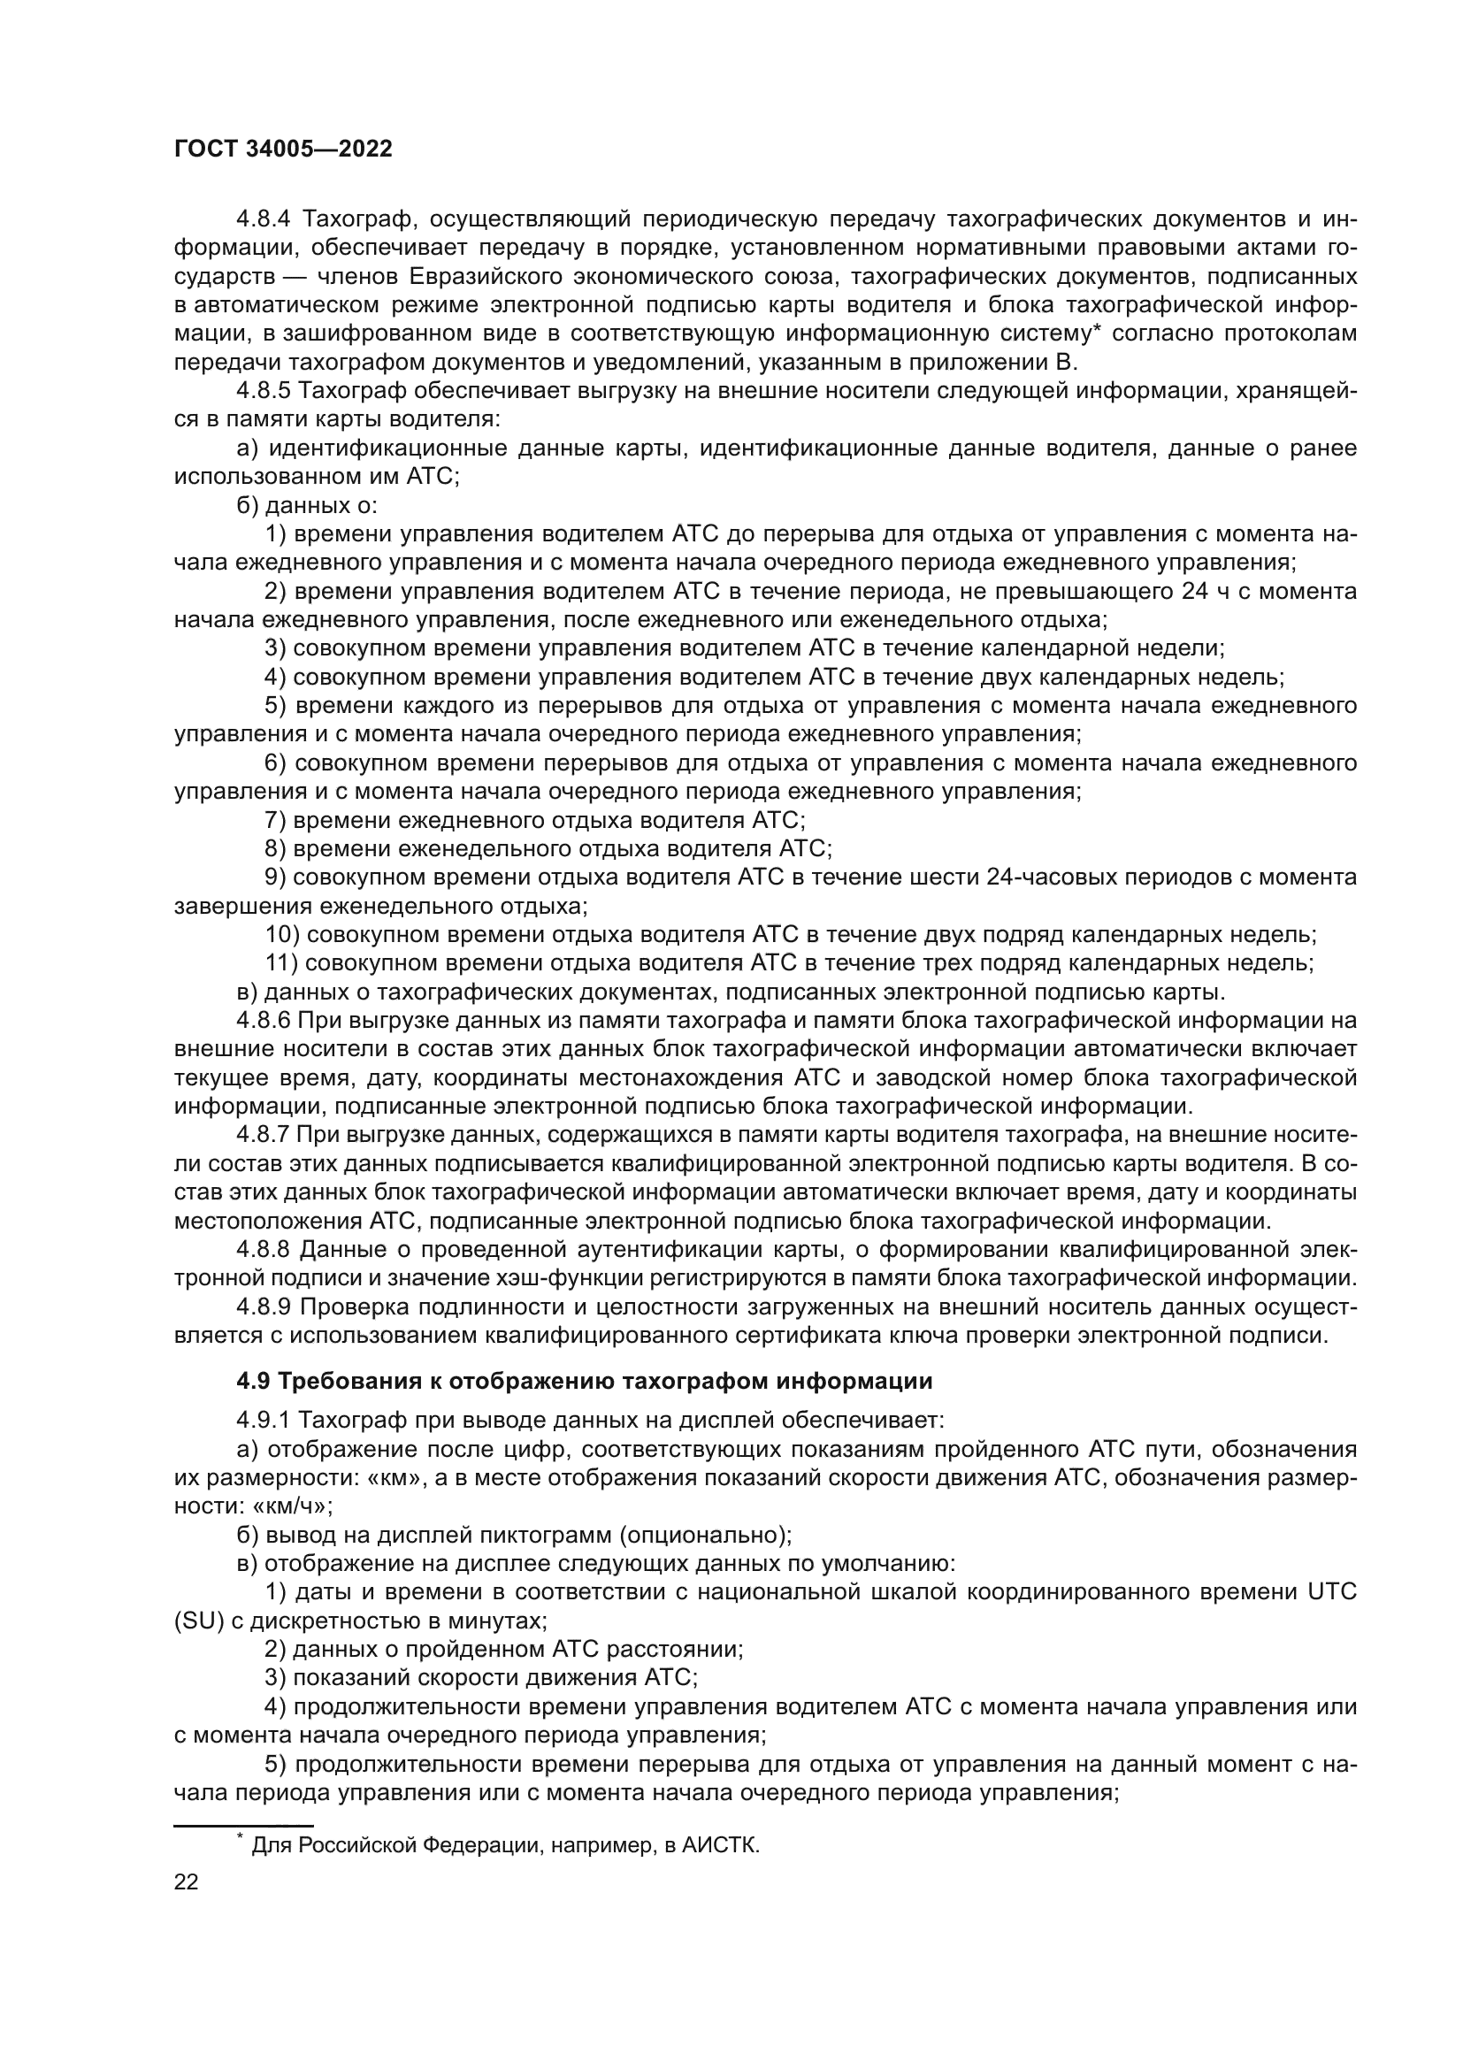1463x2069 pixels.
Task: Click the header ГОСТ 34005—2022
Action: (283, 149)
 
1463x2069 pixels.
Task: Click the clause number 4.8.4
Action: (264, 219)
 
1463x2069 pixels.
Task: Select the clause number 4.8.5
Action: (264, 391)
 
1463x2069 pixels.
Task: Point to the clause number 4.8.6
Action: (264, 1021)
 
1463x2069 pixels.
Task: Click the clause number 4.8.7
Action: (264, 1136)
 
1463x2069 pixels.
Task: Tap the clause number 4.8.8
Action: (264, 1250)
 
